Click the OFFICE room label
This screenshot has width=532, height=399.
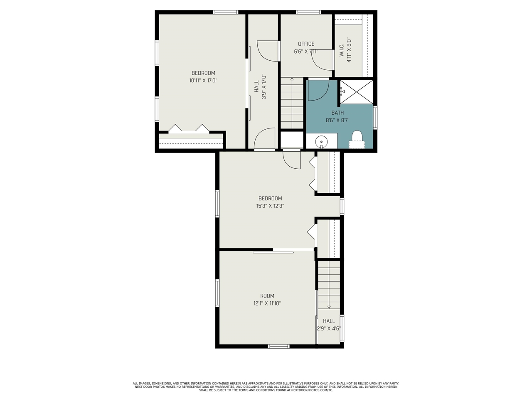[x=306, y=44]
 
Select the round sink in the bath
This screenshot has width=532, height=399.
[x=321, y=141]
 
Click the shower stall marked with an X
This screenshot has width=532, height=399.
[x=356, y=92]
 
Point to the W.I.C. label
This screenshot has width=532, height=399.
[x=342, y=50]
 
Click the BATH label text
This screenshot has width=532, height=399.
[x=337, y=113]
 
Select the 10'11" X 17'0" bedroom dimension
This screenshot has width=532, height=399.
[x=203, y=81]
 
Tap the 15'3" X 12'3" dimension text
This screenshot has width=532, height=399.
[x=270, y=206]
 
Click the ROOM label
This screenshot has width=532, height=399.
[x=267, y=296]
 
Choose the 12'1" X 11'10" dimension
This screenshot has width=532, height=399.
[x=267, y=303]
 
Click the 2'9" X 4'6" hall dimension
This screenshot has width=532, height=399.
[x=329, y=328]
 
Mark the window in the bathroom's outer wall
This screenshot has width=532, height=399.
[x=375, y=118]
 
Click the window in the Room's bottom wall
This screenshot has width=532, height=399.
[x=278, y=347]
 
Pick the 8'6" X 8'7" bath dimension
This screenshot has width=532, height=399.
[x=337, y=120]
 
